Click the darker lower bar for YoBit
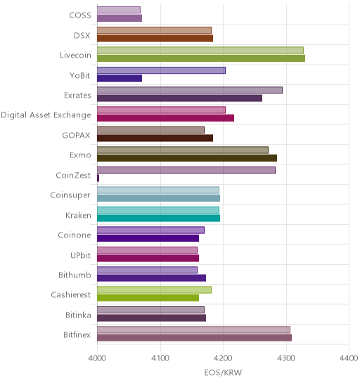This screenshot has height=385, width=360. tap(120, 79)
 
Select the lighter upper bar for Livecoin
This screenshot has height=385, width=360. tap(200, 51)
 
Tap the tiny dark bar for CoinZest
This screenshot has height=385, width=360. tap(98, 178)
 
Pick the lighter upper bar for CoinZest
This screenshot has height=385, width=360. tap(186, 170)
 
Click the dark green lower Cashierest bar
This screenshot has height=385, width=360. tap(148, 298)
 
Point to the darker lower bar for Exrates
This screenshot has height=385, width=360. tap(179, 98)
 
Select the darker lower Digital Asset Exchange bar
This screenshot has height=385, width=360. tap(166, 118)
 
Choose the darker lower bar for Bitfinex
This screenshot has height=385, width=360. tap(194, 338)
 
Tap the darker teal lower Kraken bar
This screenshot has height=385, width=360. tap(158, 218)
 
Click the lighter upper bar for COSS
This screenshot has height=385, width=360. tap(119, 10)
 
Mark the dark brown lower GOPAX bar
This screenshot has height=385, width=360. tap(155, 138)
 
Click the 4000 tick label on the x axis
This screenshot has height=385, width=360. tap(97, 358)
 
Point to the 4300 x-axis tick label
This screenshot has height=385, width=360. tap(286, 358)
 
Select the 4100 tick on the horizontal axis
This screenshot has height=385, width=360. tap(160, 358)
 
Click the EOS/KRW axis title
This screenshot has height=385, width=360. tap(223, 373)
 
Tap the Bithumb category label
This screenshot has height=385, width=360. tap(75, 275)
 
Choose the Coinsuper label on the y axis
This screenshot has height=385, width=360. tap(70, 195)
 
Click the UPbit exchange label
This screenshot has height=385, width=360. tap(81, 255)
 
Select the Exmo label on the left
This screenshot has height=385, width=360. tap(80, 155)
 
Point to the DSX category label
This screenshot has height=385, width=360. tap(82, 36)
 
